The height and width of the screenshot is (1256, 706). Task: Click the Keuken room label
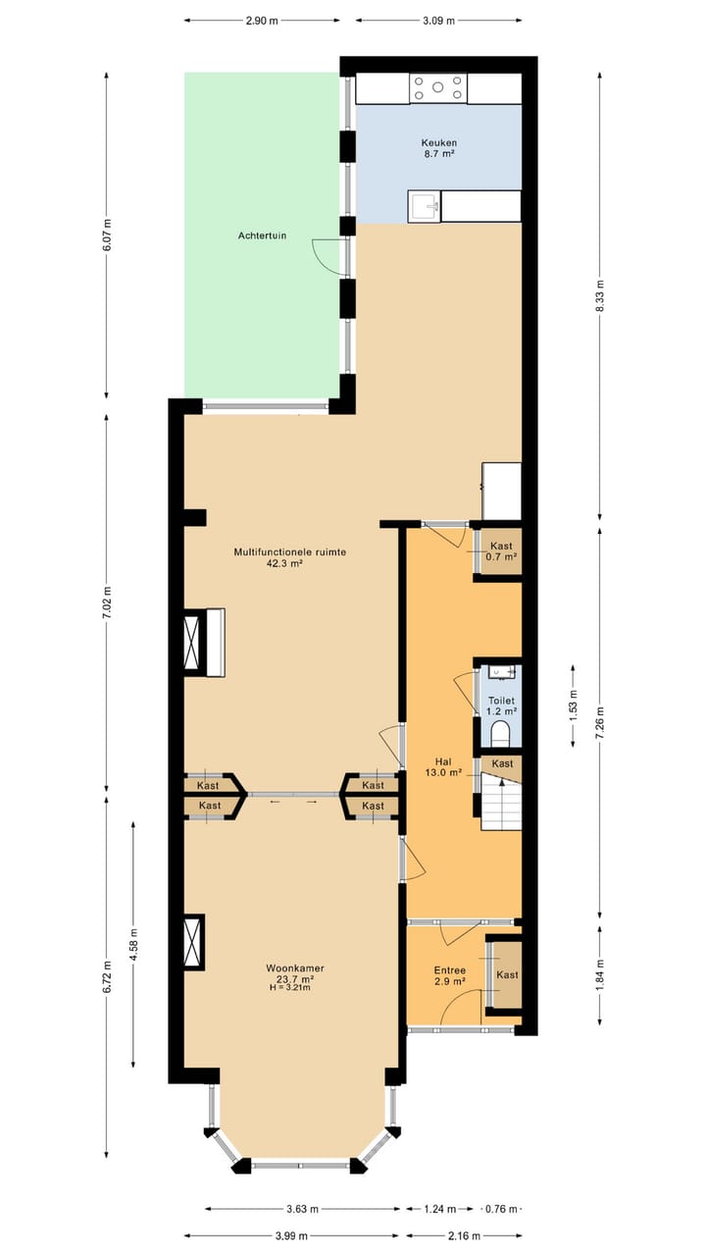[x=438, y=142]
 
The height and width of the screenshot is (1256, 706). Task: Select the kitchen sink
[x=424, y=206]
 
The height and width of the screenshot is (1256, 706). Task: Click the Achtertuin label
[x=262, y=235]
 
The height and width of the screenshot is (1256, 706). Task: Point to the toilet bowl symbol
[x=500, y=733]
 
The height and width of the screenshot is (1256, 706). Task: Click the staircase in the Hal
[x=500, y=802]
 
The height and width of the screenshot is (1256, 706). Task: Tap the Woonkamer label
[x=295, y=968]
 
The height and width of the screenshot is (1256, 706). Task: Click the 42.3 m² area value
[x=284, y=564]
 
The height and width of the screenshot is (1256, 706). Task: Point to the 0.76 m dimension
[x=503, y=1208]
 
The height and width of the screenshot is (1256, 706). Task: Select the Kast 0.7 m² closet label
[x=501, y=550]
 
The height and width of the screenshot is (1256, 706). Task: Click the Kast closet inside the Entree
[x=507, y=974]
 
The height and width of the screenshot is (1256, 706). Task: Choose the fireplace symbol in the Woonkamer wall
[x=193, y=942]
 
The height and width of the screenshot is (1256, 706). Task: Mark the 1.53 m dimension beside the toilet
[x=573, y=705]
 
